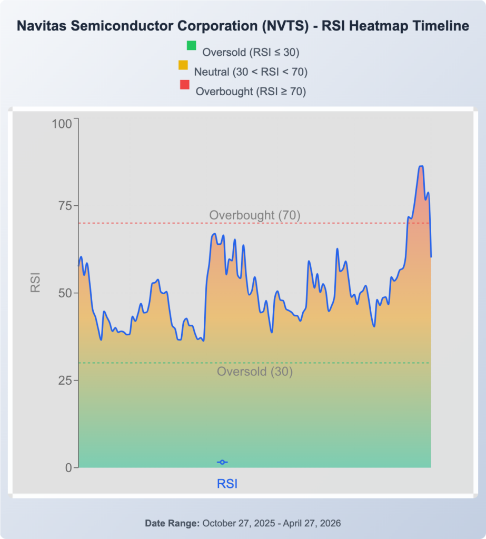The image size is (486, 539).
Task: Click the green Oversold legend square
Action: pos(191,45)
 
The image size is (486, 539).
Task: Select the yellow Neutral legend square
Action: pos(183,65)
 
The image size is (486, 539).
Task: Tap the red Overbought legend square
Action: pos(184,85)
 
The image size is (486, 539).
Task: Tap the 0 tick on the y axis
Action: pos(68,467)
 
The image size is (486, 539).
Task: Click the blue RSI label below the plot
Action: pos(227,484)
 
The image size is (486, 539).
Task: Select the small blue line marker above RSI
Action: pos(222,462)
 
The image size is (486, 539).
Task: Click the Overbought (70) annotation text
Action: pos(254,215)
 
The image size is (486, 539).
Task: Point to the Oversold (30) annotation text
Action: pos(254,371)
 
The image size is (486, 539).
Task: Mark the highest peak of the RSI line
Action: pos(421,166)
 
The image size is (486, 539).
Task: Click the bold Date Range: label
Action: pos(172,523)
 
